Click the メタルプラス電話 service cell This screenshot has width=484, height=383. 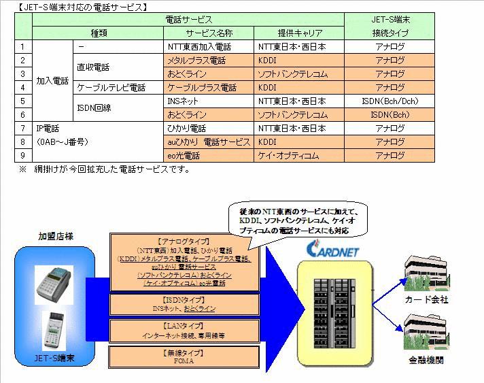coord(209,61)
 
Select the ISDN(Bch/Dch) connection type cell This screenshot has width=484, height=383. coord(390,101)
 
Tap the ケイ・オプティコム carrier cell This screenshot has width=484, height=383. coord(299,156)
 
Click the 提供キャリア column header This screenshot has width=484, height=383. coord(299,33)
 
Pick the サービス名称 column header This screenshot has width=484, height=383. coord(209,33)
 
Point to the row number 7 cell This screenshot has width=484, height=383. coord(22,129)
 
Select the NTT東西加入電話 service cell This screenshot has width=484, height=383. coord(209,47)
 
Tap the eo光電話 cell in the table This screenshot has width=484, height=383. coord(209,156)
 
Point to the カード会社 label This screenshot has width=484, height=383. coord(425,299)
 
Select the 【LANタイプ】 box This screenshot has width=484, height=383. coord(184,331)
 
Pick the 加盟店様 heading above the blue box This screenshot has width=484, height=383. coord(56,236)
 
